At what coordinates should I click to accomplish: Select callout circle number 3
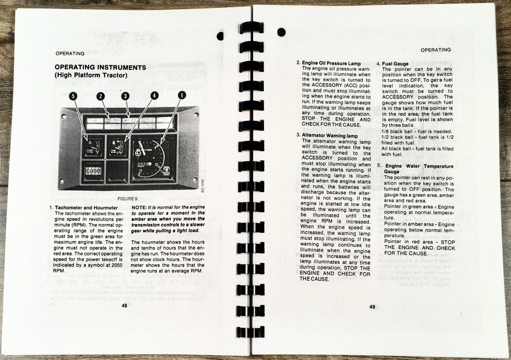click(125, 96)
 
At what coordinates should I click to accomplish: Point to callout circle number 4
click(154, 95)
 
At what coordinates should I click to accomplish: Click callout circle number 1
click(182, 95)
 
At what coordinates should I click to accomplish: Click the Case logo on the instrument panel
click(93, 171)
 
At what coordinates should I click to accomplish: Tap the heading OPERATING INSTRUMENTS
click(100, 67)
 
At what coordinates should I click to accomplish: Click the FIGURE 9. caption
click(128, 199)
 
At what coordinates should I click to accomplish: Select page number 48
click(124, 305)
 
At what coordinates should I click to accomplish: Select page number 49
click(372, 307)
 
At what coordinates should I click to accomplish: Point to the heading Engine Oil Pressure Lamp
click(331, 63)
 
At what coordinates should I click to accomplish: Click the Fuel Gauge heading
click(395, 64)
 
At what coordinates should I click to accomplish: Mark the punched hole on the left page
click(220, 36)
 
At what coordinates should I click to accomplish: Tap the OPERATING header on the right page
click(436, 50)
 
